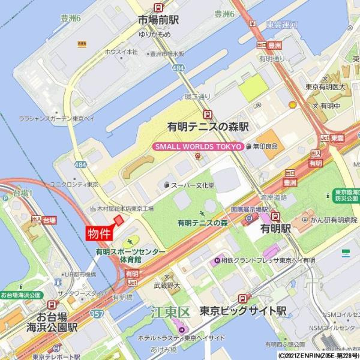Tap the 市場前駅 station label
tap(158, 20)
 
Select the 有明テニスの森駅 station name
tap(208, 127)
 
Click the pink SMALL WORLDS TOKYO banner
tap(198, 146)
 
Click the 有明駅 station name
tap(275, 229)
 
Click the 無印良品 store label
tap(265, 146)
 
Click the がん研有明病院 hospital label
tap(329, 220)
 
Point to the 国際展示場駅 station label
tap(253, 210)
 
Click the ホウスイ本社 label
tap(122, 52)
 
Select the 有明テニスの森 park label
tap(202, 223)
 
